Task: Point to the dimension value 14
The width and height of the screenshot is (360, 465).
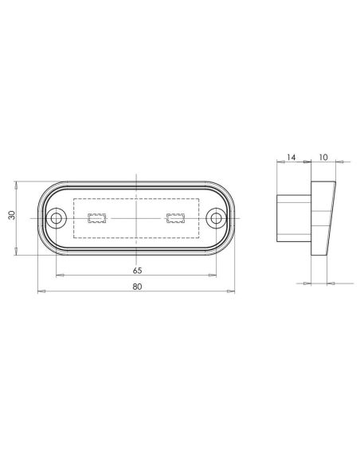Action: (x=291, y=158)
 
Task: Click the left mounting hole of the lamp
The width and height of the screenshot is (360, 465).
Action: (x=58, y=217)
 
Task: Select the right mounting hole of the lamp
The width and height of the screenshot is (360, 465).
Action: (x=216, y=217)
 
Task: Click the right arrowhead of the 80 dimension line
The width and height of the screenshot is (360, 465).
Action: (x=233, y=292)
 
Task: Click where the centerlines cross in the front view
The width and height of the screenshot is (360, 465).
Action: (x=137, y=217)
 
